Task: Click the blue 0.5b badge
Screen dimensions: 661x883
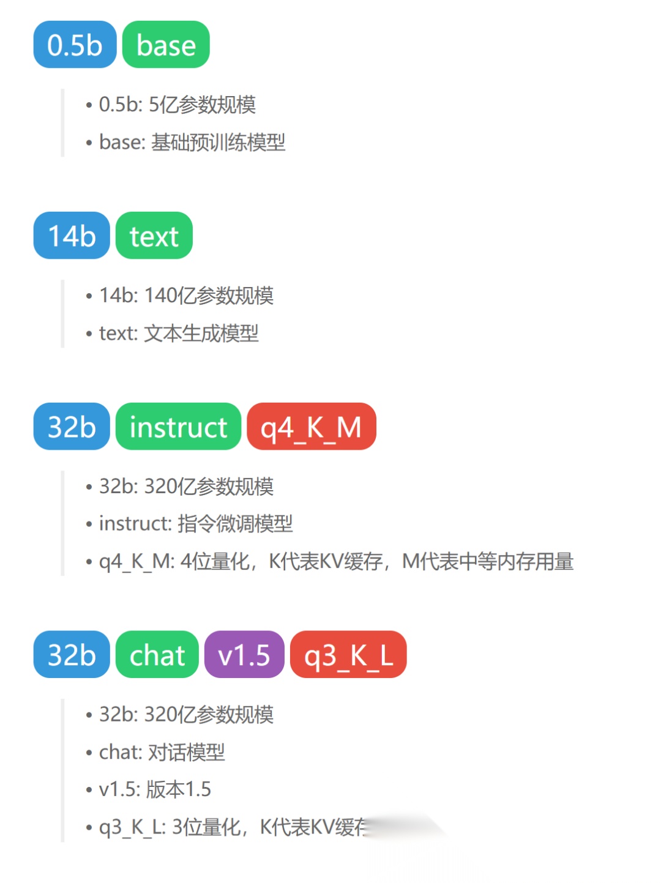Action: point(75,45)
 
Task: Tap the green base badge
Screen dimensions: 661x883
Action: point(166,45)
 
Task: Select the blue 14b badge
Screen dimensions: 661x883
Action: point(72,236)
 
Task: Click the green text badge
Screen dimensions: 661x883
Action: point(154,236)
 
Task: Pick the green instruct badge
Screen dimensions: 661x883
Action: point(178,427)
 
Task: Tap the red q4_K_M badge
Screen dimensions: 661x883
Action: point(311,427)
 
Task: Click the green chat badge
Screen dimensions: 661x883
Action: point(157,655)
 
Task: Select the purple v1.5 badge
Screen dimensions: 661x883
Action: point(244,655)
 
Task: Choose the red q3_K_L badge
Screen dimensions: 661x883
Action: point(348,655)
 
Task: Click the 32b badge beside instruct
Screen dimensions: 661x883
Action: point(72,427)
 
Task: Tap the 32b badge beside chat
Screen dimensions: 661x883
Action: point(72,655)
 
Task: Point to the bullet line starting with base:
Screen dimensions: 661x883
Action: point(192,143)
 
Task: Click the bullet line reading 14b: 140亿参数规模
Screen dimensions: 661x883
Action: point(186,296)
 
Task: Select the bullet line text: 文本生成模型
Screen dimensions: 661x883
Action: point(179,333)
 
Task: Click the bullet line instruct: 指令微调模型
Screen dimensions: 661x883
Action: point(196,524)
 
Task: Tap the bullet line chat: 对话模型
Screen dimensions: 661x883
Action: point(162,752)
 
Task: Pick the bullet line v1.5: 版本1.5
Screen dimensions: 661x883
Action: point(155,789)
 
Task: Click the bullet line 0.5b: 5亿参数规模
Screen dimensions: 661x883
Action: point(177,105)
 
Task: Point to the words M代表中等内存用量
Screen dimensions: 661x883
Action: point(488,561)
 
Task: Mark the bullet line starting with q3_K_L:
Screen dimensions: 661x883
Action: point(233,827)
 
